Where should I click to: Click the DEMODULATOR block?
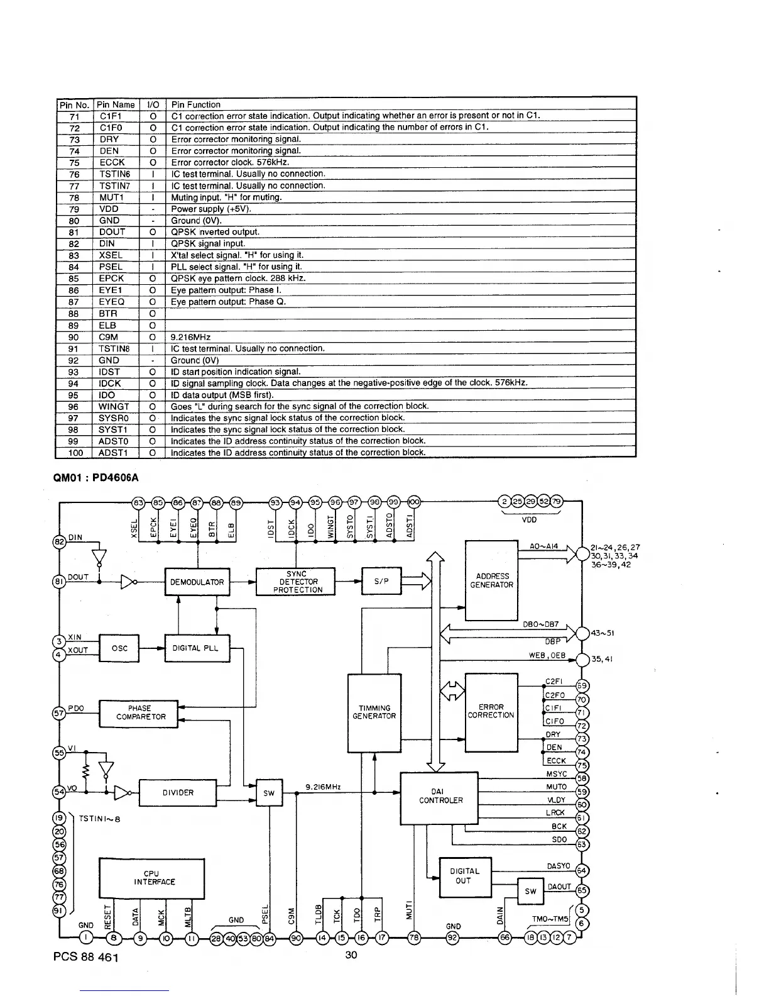(x=197, y=582)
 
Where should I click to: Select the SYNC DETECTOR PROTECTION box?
(x=296, y=582)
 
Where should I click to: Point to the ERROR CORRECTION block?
(x=491, y=711)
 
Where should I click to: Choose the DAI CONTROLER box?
(x=440, y=796)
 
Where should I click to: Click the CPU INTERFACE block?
(x=151, y=878)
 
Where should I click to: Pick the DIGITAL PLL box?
(x=197, y=648)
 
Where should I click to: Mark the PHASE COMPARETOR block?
(x=139, y=712)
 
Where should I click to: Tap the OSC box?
(x=119, y=649)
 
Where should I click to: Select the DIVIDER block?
(x=177, y=792)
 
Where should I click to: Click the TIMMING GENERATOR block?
(x=374, y=712)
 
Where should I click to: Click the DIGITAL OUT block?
(x=464, y=875)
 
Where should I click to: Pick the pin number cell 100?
(x=74, y=452)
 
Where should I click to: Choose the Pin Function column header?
(x=196, y=104)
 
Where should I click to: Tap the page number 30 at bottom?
(x=350, y=955)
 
